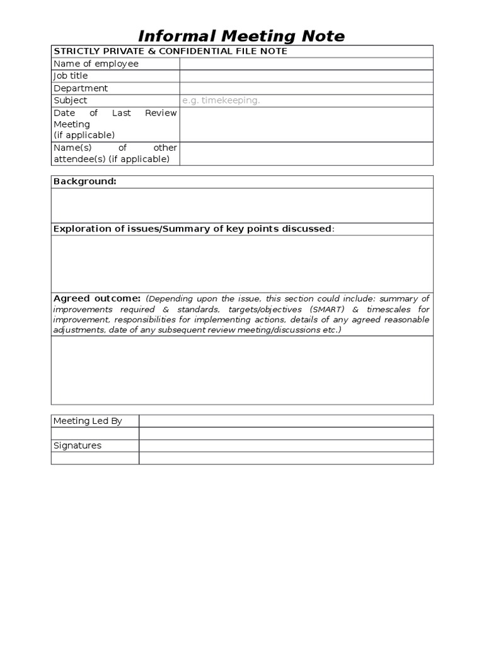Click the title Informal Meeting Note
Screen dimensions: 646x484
pyautogui.click(x=241, y=35)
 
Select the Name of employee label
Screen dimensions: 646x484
pyautogui.click(x=96, y=64)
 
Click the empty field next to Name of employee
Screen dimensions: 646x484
pyautogui.click(x=306, y=64)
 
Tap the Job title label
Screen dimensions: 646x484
pyautogui.click(x=71, y=76)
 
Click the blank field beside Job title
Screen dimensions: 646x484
pyautogui.click(x=306, y=76)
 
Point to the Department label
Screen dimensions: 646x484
pyautogui.click(x=81, y=88)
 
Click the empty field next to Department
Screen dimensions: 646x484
pyautogui.click(x=306, y=88)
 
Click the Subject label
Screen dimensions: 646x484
pyautogui.click(x=71, y=100)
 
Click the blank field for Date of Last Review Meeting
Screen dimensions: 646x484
pyautogui.click(x=306, y=124)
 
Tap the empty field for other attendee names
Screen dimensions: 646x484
pyautogui.click(x=306, y=153)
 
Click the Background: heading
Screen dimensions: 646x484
pyautogui.click(x=84, y=182)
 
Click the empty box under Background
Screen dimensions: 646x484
pyautogui.click(x=242, y=205)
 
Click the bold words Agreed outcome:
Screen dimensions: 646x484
pyautogui.click(x=97, y=298)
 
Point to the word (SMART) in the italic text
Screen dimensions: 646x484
pyautogui.click(x=326, y=310)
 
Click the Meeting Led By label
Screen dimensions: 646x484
pyautogui.click(x=88, y=421)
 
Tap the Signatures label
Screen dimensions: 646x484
pyautogui.click(x=78, y=445)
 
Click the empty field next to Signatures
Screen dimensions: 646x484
pyautogui.click(x=286, y=445)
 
